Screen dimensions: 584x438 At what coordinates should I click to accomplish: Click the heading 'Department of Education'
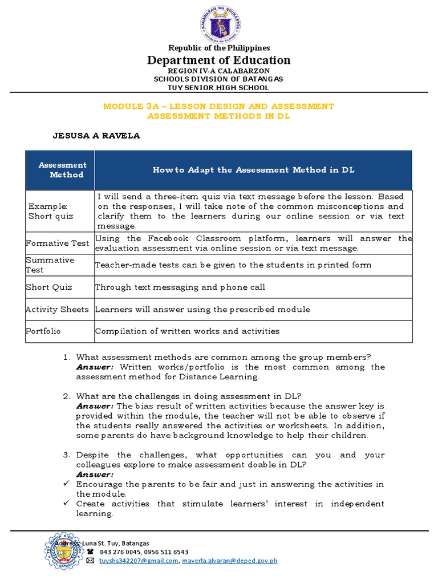[x=219, y=60]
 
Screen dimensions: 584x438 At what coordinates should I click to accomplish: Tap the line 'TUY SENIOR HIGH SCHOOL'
[x=219, y=88]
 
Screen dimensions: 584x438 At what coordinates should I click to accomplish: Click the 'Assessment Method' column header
[x=63, y=170]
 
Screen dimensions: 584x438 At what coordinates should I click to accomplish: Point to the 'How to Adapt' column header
[x=253, y=170]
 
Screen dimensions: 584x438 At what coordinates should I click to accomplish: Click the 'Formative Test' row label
[x=58, y=244]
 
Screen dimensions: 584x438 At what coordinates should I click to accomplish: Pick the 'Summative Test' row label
[x=50, y=265]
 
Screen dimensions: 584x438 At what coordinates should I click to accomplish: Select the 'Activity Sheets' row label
[x=58, y=309]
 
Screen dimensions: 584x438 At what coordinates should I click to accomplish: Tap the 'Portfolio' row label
[x=43, y=331]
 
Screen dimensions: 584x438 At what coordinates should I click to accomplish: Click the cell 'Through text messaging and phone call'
[x=180, y=287]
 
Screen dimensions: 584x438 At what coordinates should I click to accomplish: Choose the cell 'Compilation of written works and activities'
[x=187, y=331]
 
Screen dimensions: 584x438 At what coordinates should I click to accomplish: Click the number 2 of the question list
[x=66, y=396]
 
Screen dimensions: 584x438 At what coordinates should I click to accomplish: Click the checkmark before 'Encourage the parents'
[x=67, y=484]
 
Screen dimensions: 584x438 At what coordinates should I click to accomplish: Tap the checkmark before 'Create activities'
[x=67, y=504]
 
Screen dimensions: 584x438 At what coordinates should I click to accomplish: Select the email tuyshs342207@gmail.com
[x=139, y=561]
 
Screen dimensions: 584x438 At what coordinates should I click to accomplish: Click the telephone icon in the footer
[x=90, y=552]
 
